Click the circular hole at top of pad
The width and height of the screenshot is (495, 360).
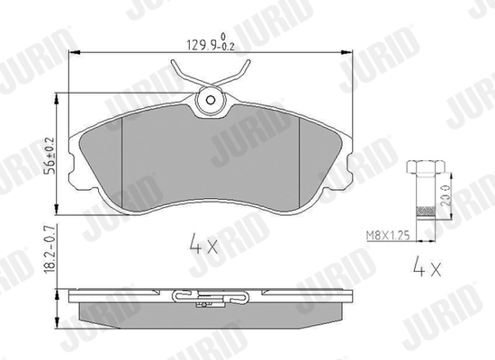[212, 101]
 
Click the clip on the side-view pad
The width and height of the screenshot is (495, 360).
[212, 295]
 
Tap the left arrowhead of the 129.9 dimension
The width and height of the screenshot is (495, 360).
[72, 55]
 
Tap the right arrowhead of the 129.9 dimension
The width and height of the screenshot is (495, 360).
[353, 55]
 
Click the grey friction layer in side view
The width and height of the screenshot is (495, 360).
[212, 310]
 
